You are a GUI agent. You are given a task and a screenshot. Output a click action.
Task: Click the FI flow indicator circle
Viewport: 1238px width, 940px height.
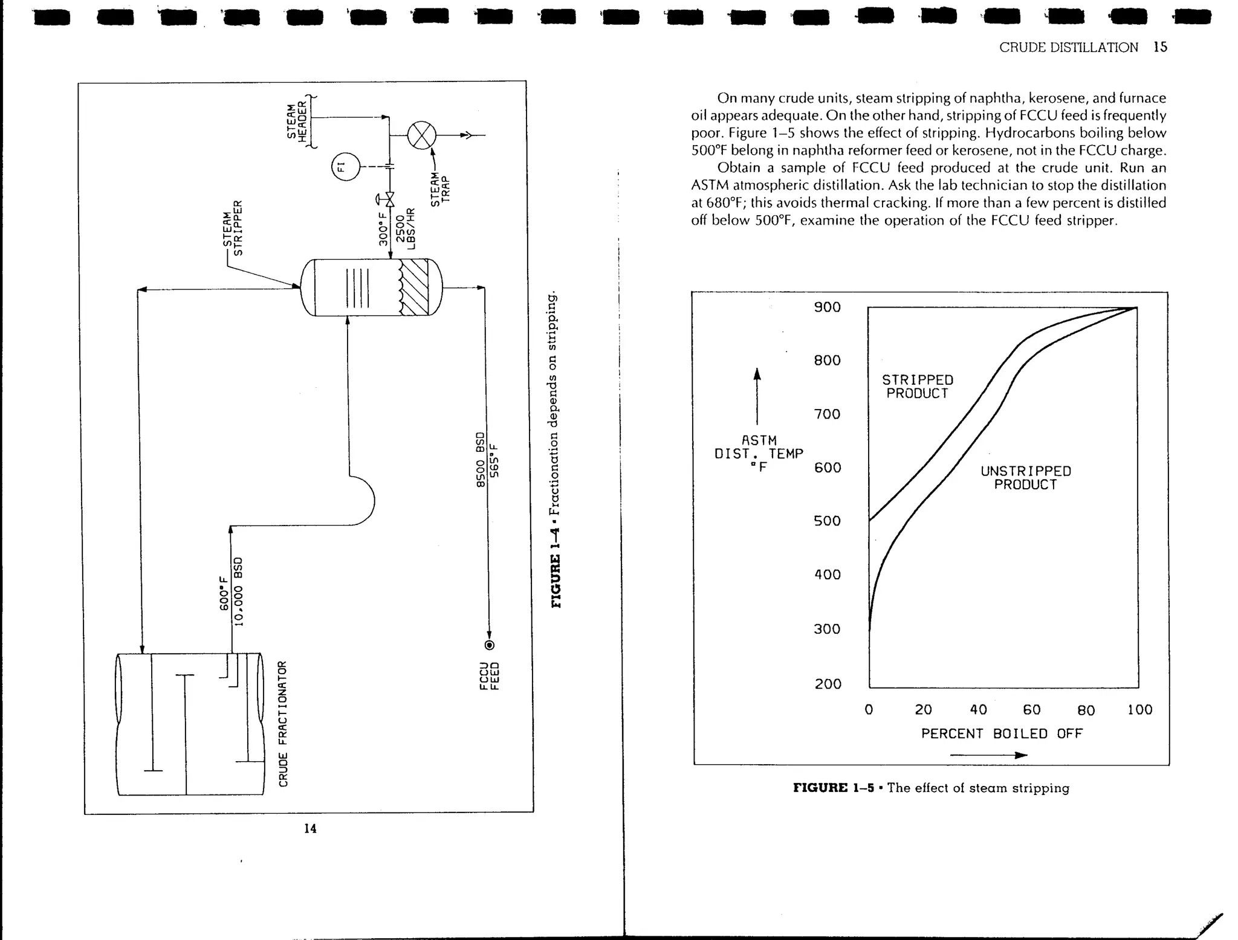click(x=346, y=167)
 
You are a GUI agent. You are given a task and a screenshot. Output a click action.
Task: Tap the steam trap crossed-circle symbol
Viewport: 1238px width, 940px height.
click(x=421, y=135)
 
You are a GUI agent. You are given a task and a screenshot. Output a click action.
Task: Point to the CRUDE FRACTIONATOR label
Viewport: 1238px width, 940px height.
click(x=283, y=724)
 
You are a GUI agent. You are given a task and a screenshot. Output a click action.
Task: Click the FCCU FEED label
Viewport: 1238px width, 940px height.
click(x=489, y=677)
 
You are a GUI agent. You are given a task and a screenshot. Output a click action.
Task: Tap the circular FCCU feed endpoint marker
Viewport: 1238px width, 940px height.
click(x=490, y=645)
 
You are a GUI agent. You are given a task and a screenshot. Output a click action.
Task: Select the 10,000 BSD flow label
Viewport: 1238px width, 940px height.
click(x=238, y=592)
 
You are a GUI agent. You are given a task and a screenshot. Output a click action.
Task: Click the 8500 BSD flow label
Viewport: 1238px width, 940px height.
click(x=481, y=460)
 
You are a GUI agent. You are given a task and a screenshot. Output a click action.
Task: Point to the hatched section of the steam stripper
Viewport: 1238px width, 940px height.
click(x=415, y=287)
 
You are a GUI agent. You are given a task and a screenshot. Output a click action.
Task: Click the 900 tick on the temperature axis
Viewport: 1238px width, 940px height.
click(x=827, y=307)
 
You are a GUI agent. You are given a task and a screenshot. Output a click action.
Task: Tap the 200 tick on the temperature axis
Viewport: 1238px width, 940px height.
click(x=827, y=684)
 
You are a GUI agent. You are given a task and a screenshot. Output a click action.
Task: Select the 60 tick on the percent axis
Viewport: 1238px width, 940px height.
click(x=1031, y=710)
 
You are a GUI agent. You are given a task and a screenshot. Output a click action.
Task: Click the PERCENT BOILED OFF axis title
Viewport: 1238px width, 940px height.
click(x=1002, y=733)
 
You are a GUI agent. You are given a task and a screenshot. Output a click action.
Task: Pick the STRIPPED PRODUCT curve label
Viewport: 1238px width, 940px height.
click(x=917, y=387)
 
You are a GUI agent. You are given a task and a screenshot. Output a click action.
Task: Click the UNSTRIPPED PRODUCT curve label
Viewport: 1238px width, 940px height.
click(x=1025, y=478)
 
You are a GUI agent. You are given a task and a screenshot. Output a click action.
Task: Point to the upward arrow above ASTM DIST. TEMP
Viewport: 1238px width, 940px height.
click(x=757, y=396)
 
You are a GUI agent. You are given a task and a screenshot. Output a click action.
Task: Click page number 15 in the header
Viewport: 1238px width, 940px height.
click(x=1160, y=47)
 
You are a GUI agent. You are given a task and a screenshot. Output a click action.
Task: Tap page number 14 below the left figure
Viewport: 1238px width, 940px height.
click(x=310, y=829)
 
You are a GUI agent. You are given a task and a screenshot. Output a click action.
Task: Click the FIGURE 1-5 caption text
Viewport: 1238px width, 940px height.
click(x=931, y=788)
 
